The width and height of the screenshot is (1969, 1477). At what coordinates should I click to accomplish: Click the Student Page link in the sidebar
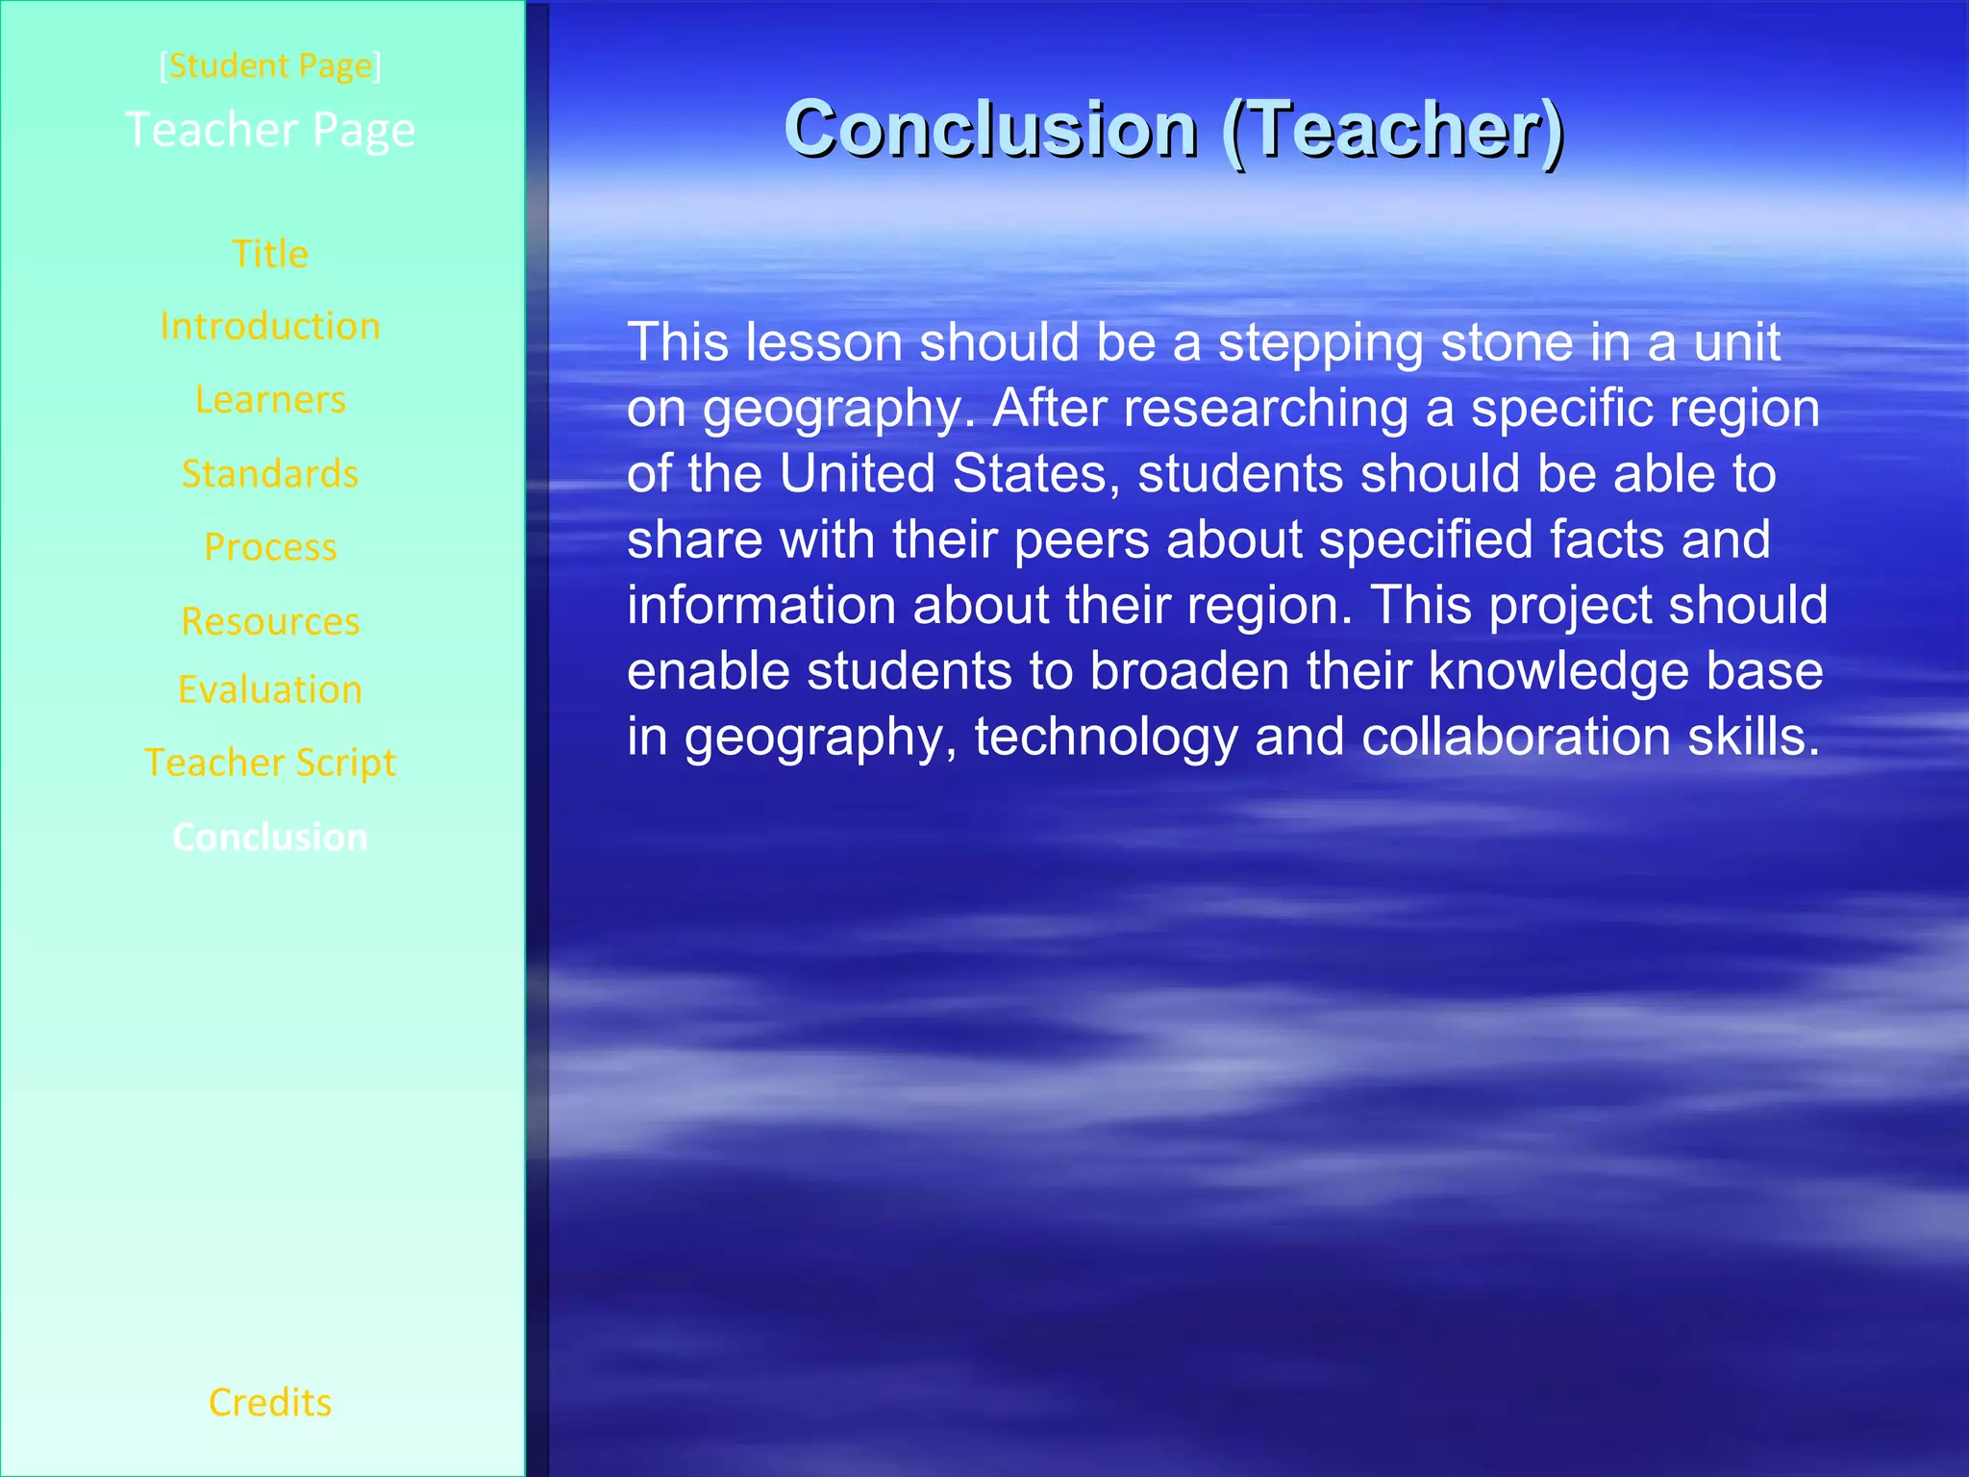click(270, 65)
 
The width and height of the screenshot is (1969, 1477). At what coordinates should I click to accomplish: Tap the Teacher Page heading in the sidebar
click(270, 129)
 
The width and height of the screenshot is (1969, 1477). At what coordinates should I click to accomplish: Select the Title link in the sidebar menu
click(270, 254)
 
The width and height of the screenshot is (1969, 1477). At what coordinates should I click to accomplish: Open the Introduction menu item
click(270, 326)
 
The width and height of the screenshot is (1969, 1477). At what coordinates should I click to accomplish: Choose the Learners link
click(270, 399)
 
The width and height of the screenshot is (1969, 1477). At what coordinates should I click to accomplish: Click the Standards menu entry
click(270, 473)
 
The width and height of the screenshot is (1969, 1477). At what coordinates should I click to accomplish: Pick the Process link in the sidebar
click(270, 546)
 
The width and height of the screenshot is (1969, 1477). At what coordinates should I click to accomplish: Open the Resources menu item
click(270, 620)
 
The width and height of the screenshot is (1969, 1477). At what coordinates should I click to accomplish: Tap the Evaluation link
click(270, 689)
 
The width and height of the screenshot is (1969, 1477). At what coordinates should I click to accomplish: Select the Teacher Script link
click(270, 763)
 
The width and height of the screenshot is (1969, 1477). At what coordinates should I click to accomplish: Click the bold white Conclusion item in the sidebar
click(270, 837)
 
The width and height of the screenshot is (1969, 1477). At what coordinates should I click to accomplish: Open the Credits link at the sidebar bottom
click(270, 1402)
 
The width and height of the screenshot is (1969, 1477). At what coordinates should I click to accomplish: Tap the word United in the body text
click(857, 474)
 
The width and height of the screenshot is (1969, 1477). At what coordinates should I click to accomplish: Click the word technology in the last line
click(1106, 738)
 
